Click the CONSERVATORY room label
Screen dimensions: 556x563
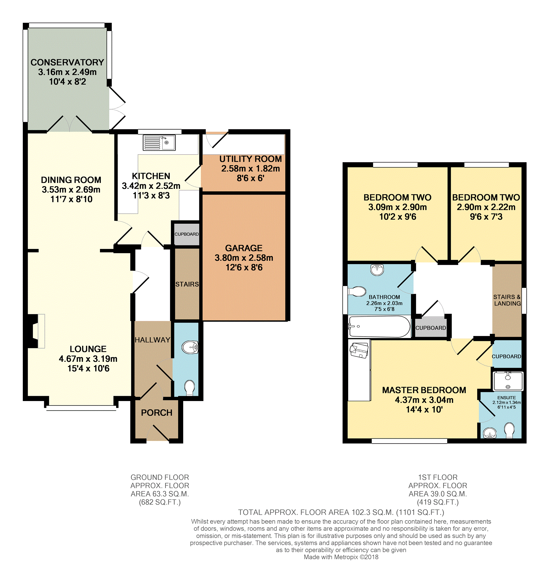point(67,62)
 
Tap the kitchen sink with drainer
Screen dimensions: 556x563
point(159,143)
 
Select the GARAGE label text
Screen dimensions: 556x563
point(244,248)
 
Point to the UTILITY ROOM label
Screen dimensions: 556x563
point(251,159)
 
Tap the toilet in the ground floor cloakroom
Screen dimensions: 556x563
point(190,388)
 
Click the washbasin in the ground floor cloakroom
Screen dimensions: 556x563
point(190,347)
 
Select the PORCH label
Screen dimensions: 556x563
point(157,413)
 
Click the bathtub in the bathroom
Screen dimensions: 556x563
point(379,327)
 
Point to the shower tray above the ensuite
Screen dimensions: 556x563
point(508,381)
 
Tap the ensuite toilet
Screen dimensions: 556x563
point(509,430)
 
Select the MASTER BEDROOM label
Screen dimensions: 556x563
point(424,390)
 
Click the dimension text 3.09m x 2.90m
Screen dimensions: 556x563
point(398,207)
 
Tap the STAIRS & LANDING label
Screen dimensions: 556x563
point(507,300)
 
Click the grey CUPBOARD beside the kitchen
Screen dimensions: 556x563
point(187,234)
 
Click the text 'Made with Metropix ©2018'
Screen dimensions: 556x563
point(341,557)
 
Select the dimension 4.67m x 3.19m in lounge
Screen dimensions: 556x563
point(88,359)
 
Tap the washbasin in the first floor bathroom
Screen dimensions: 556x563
point(377,270)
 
